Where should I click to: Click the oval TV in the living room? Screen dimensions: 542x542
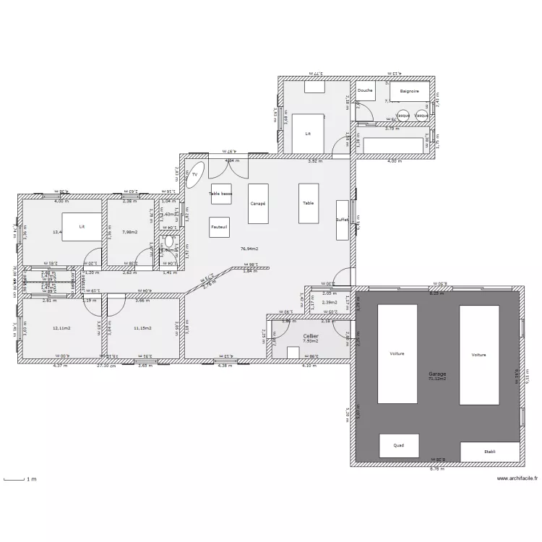click(194, 175)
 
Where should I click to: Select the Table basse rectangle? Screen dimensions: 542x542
click(220, 194)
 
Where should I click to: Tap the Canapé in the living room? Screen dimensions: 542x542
click(258, 204)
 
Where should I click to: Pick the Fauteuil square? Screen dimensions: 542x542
click(220, 227)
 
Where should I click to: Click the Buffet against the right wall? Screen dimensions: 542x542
click(342, 220)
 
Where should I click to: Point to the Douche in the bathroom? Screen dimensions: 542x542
click(366, 91)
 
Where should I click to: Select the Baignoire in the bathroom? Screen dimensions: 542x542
click(410, 91)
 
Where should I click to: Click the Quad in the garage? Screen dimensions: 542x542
click(398, 446)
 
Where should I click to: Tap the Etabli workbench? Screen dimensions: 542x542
click(489, 452)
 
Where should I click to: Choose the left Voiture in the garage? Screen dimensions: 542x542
click(397, 354)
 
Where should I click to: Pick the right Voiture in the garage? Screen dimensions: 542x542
click(478, 354)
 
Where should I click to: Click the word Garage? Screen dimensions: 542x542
click(436, 374)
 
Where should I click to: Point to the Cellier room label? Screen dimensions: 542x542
click(311, 336)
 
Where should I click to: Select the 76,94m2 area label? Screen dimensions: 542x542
click(249, 249)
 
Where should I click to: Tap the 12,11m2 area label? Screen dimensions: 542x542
click(61, 328)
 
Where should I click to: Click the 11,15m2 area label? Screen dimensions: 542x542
click(142, 328)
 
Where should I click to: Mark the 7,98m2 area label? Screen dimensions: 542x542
click(130, 232)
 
